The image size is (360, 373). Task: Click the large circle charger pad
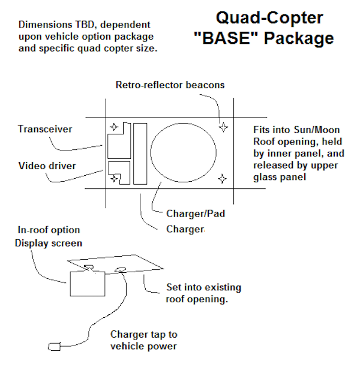point(183,152)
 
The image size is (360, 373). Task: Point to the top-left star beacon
point(113,127)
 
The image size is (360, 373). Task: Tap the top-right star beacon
point(223,127)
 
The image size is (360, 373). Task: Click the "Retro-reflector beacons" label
point(170,85)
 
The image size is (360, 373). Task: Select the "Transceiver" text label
point(45,129)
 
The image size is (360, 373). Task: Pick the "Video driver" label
point(47,166)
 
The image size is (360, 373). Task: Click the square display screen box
point(85,281)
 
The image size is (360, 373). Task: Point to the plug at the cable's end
point(53,346)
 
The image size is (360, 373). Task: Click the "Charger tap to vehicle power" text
point(144,340)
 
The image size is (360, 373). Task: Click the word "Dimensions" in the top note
point(44,25)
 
